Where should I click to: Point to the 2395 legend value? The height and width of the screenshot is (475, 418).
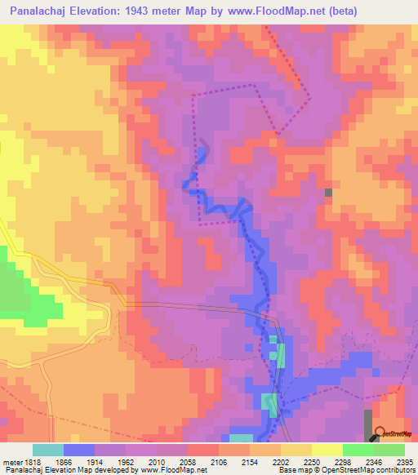tap(405, 461)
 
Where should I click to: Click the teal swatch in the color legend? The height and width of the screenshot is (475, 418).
tap(48, 450)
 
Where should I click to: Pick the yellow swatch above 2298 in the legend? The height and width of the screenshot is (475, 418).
tap(327, 450)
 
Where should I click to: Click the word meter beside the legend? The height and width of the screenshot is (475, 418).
tap(12, 461)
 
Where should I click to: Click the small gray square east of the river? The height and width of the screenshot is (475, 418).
tap(328, 193)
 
